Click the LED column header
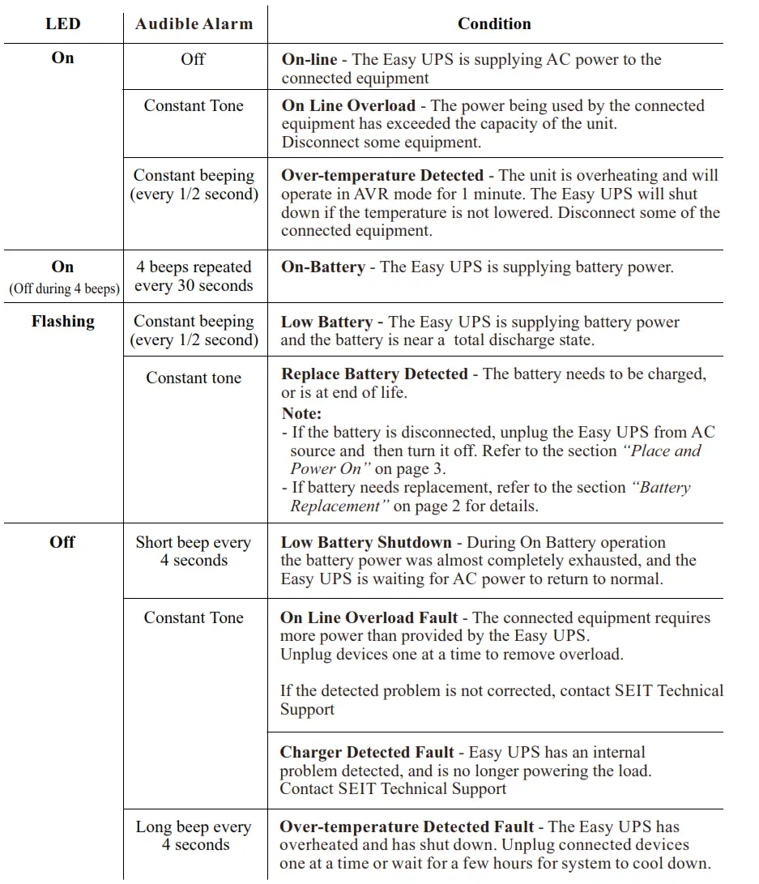62,23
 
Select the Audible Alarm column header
194,23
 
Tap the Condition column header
494,23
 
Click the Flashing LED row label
62,321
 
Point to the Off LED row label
62,542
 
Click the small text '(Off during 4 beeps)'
63,288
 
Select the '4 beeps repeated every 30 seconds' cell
194,276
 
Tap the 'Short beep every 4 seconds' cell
194,551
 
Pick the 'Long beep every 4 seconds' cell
194,835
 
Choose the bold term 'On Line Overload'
348,105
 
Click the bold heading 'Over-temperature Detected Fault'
407,826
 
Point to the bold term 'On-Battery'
322,267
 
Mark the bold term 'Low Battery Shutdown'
365,542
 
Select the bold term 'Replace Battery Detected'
374,374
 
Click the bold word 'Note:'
301,413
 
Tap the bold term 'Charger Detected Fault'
367,752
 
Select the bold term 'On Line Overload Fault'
369,617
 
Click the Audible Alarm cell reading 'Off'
193,59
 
